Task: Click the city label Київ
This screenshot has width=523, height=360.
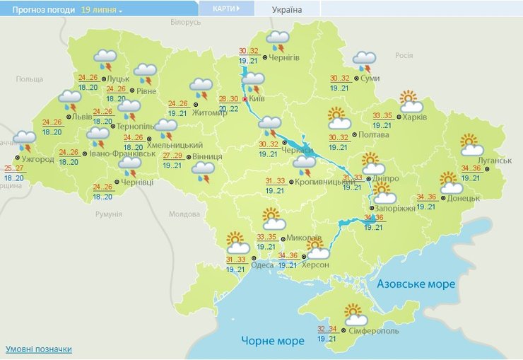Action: point(257,100)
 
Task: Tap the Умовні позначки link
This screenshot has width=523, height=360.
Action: point(38,349)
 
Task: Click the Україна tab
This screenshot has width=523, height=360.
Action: point(286,9)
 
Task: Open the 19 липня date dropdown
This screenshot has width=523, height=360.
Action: point(102,11)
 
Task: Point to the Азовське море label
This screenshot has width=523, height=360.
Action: point(416,284)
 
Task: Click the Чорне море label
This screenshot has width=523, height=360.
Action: point(273,341)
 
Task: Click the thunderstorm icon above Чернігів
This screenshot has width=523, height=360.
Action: point(278,40)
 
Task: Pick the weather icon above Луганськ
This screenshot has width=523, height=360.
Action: point(471,144)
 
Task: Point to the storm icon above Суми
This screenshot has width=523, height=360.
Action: point(365,62)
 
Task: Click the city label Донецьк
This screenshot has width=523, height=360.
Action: point(464,199)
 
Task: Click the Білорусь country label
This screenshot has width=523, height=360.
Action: point(186,23)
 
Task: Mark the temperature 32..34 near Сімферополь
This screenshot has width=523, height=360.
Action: point(327,329)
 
